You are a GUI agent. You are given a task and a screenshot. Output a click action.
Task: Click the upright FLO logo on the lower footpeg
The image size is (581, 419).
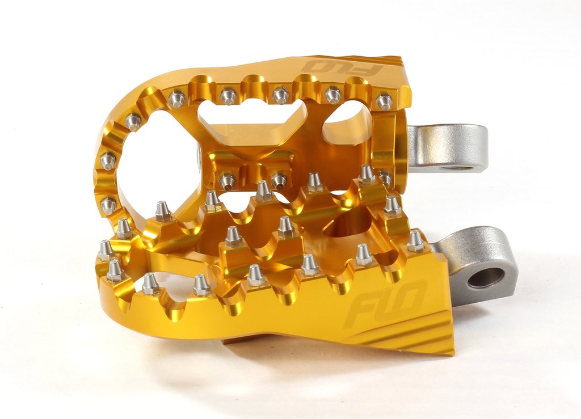click(385, 304)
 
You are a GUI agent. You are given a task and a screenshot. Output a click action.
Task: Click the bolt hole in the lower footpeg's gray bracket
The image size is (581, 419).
click(486, 277)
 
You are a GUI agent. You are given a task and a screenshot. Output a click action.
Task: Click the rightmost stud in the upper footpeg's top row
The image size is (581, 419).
click(384, 101)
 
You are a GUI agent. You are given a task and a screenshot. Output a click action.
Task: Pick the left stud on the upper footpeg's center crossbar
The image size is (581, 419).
click(227, 181)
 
